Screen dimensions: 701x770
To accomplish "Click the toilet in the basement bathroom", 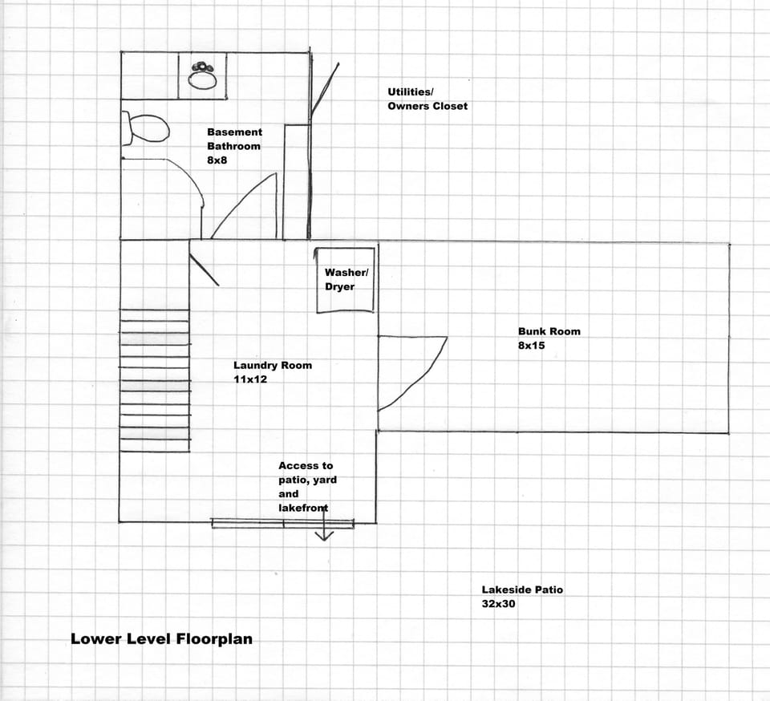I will [x=146, y=128].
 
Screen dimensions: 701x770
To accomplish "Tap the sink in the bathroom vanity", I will [x=202, y=76].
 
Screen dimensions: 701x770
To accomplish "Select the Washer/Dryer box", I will [x=345, y=280].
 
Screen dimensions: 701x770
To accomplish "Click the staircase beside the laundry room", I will [x=154, y=384].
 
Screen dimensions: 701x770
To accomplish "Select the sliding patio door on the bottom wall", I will [x=282, y=524].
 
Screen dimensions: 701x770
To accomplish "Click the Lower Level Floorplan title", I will [x=161, y=639].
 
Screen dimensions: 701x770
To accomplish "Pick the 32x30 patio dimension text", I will [x=498, y=604].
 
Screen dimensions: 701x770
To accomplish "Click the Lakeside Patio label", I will [x=522, y=590].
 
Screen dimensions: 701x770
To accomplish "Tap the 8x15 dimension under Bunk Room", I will [x=532, y=346].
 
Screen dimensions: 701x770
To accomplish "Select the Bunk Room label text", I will [x=549, y=331].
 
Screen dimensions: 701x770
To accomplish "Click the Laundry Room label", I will [x=273, y=365].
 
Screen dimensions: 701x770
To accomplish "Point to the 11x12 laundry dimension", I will [x=250, y=379].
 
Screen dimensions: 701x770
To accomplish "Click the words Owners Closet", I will [x=428, y=106].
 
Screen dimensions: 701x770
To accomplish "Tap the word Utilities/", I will [x=410, y=91].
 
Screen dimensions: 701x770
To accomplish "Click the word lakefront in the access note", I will [x=303, y=508].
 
